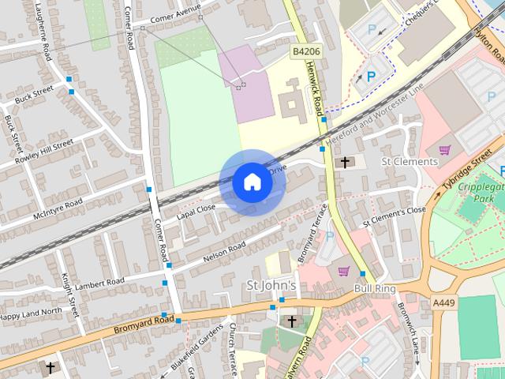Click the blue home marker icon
click(252, 182)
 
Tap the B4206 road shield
click(305, 51)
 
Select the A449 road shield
click(444, 302)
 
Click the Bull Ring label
click(374, 288)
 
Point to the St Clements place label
click(409, 162)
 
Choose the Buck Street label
click(33, 94)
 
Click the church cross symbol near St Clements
click(345, 163)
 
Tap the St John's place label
click(271, 284)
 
